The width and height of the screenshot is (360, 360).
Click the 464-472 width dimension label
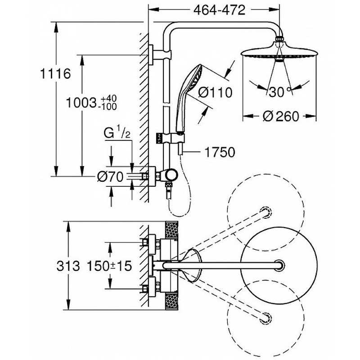(219, 10)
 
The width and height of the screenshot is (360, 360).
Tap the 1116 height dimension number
(55, 74)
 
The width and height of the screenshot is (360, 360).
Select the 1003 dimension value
(81, 103)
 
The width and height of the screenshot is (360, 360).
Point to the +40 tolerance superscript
(109, 98)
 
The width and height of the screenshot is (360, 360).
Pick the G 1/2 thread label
(117, 132)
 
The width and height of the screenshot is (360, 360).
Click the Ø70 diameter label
(110, 177)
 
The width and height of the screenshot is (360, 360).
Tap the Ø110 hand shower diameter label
(215, 93)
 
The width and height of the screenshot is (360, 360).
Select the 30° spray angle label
(280, 92)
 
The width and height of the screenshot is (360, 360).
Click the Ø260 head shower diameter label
(281, 116)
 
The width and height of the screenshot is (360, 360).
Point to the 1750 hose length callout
(220, 152)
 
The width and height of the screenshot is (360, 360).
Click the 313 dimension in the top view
(68, 266)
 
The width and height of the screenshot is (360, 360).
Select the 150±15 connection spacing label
(109, 266)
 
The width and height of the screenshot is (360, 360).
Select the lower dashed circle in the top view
(266, 319)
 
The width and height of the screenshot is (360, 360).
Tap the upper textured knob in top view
(171, 230)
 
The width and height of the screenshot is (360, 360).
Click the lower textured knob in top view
(171, 301)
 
